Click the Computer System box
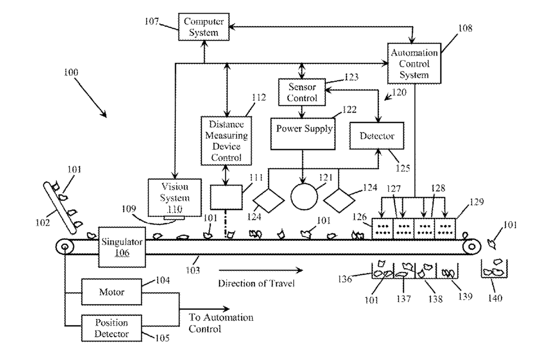(x=204, y=27)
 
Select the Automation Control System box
(x=414, y=63)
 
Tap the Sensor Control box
(x=301, y=92)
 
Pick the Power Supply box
(x=302, y=134)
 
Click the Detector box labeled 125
(x=377, y=135)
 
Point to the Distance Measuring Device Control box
(x=226, y=140)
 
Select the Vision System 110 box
(x=175, y=197)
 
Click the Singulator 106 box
(x=122, y=247)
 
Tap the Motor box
(x=111, y=292)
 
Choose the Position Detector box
(x=111, y=328)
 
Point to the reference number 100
(x=70, y=73)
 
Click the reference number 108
(x=465, y=28)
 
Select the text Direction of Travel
(x=257, y=284)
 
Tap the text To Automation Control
(x=221, y=323)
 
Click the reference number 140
(x=495, y=298)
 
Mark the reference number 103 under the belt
(x=193, y=270)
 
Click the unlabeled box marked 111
(x=226, y=197)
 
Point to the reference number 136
(x=345, y=279)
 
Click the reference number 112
(x=258, y=97)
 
